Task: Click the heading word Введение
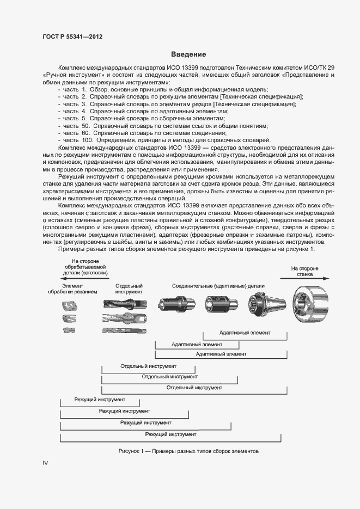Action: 188,54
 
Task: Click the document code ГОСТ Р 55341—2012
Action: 72,36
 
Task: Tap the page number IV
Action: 46,463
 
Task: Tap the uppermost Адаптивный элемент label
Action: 245,332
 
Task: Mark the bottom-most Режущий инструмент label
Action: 170,434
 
